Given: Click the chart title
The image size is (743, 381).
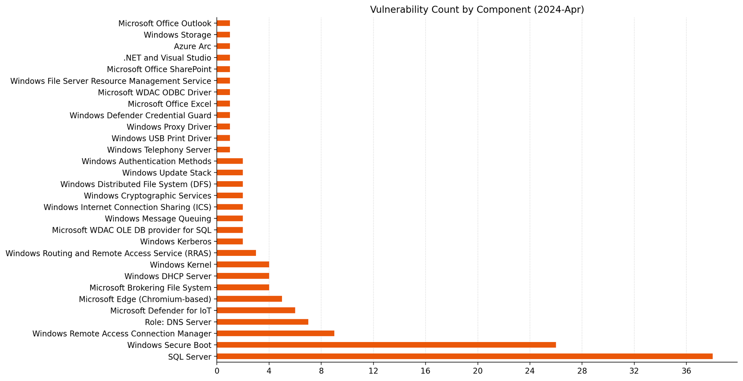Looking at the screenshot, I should (x=477, y=10).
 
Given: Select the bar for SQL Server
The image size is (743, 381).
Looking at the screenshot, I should (x=464, y=356).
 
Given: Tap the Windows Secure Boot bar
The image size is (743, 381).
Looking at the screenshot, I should (x=386, y=345).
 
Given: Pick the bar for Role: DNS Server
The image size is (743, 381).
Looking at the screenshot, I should (x=262, y=322).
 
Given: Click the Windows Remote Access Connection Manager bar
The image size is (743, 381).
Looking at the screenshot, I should (x=275, y=333).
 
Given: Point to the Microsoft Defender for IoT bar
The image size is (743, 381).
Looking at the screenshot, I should (x=256, y=310).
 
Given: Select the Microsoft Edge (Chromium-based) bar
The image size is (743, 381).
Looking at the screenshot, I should (x=249, y=299).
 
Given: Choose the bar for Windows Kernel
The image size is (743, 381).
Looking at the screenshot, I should (x=243, y=265).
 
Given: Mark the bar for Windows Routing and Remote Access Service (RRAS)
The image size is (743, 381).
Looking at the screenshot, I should (x=236, y=253).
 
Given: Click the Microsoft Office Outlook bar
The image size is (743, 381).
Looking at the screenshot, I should (x=223, y=23).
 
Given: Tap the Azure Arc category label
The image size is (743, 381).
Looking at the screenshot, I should (x=192, y=46).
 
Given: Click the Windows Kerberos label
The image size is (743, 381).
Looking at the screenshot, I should (x=176, y=242).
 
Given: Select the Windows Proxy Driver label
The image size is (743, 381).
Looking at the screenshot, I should (x=169, y=127).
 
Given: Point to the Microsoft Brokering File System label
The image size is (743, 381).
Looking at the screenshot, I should (x=150, y=287).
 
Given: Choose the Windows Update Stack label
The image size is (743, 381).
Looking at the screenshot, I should (x=167, y=173).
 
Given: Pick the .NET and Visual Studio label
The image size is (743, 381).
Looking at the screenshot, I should (x=167, y=58).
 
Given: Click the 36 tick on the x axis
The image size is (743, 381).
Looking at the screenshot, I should (x=686, y=371).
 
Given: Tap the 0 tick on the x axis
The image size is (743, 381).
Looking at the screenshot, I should (x=217, y=371).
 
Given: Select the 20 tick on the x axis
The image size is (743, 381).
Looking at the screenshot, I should (x=478, y=371).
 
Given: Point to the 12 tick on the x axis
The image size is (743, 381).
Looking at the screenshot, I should (x=373, y=371).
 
